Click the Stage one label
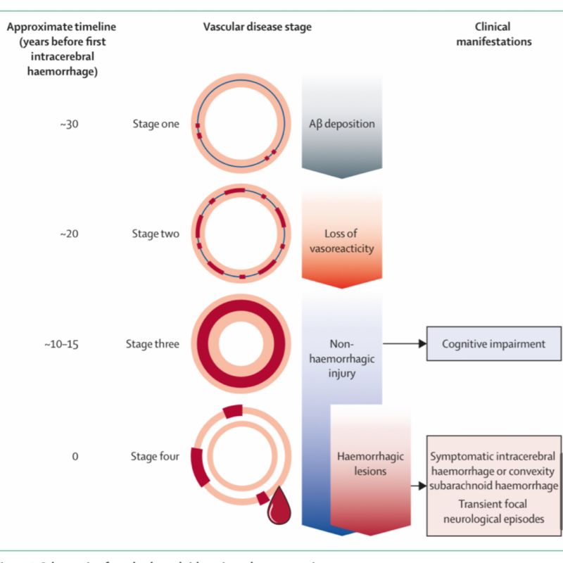coord(156,124)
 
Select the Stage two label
coord(156,234)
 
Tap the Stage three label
coord(153,344)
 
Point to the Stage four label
coord(156,456)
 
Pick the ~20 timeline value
coord(72,234)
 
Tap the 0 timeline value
coord(75,456)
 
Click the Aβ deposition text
coord(342,124)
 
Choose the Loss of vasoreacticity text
coord(342,241)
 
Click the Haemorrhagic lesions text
coord(370,464)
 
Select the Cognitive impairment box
coord(494,344)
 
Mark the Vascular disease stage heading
coord(258,27)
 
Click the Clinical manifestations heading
coord(493,34)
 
